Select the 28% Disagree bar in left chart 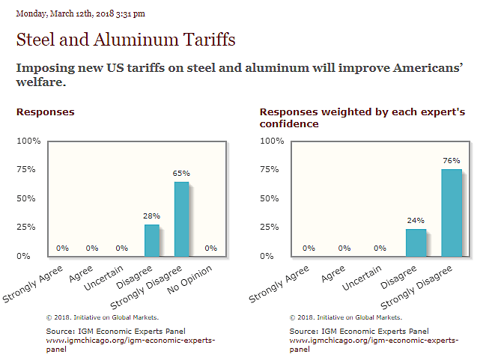[151, 240]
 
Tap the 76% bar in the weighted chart [452, 213]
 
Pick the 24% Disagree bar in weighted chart [416, 242]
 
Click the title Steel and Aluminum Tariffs [126, 39]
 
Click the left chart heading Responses [45, 112]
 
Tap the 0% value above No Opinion [211, 248]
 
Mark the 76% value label [452, 160]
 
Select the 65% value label [181, 173]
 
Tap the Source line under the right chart [359, 331]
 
